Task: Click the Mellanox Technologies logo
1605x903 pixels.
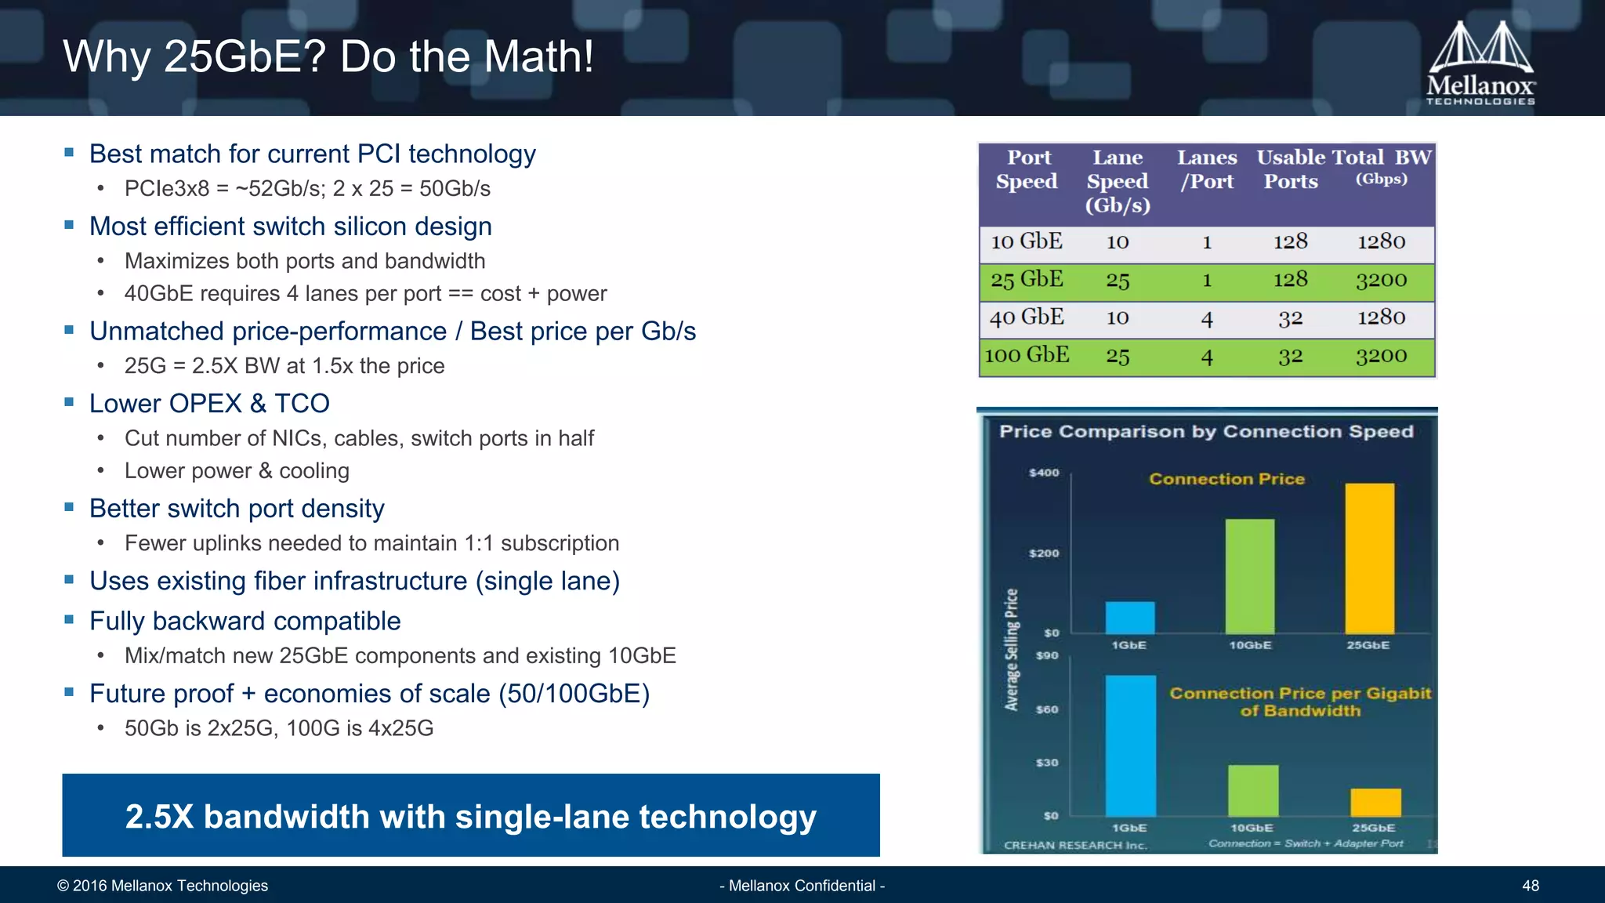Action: [1480, 63]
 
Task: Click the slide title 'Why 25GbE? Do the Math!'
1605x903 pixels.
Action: [328, 56]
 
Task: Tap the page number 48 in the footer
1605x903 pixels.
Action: [1530, 886]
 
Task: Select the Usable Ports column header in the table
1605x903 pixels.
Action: [1291, 169]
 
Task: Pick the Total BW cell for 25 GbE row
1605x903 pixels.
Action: [1381, 281]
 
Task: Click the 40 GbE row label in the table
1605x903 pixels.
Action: [1027, 317]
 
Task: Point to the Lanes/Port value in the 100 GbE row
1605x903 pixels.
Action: [1207, 357]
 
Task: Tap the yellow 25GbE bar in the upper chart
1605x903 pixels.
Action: [1369, 558]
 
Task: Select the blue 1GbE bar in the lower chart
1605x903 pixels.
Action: [1130, 745]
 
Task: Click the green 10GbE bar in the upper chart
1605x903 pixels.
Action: [1249, 576]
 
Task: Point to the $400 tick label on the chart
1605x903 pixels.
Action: [1044, 473]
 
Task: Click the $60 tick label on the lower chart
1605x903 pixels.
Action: [1047, 709]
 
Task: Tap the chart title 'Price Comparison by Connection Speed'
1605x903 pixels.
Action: [1206, 432]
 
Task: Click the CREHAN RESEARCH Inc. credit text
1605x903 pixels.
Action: [1075, 845]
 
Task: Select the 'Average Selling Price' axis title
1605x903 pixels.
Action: [1012, 650]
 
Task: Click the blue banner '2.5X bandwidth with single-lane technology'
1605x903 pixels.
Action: [470, 815]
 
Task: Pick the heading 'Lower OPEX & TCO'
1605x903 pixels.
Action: [209, 404]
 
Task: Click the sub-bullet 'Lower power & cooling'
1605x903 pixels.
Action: [237, 471]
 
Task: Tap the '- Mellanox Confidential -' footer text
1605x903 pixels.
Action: [802, 886]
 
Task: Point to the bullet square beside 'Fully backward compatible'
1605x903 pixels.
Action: [69, 619]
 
